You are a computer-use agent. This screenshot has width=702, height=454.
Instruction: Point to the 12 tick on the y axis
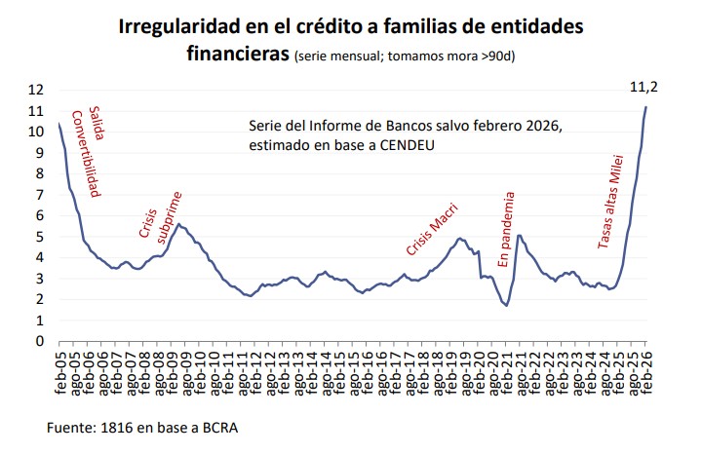(x=38, y=90)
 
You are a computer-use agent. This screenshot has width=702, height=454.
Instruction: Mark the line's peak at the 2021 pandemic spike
(x=520, y=235)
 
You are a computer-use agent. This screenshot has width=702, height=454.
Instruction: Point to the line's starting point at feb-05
(x=58, y=124)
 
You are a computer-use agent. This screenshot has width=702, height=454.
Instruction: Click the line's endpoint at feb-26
(x=645, y=107)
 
